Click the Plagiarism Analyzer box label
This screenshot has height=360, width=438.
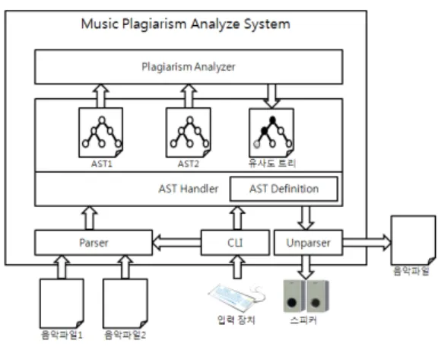pyautogui.click(x=189, y=67)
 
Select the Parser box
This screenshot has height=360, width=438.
pyautogui.click(x=94, y=243)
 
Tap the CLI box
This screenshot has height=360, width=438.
pyautogui.click(x=235, y=243)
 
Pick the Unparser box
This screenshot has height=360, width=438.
pyautogui.click(x=309, y=243)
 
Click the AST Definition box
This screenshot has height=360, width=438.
pyautogui.click(x=284, y=189)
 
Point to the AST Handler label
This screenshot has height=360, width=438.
pyautogui.click(x=189, y=189)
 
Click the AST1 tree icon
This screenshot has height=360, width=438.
pyautogui.click(x=101, y=132)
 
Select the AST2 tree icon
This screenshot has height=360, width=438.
pyautogui.click(x=189, y=132)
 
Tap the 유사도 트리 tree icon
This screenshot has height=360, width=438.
pyautogui.click(x=271, y=132)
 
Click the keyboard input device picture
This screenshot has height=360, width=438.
pyautogui.click(x=236, y=298)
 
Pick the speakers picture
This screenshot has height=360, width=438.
pyautogui.click(x=306, y=296)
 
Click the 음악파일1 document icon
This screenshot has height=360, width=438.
pyautogui.click(x=62, y=303)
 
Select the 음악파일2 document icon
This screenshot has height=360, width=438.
pyautogui.click(x=125, y=303)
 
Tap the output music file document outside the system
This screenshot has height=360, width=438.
pyautogui.click(x=413, y=240)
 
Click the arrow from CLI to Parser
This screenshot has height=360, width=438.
pyautogui.click(x=177, y=243)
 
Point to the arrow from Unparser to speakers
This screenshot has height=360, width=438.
pyautogui.click(x=306, y=267)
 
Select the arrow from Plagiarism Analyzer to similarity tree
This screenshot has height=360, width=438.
pyautogui.click(x=271, y=96)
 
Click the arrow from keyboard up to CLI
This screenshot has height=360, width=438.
pyautogui.click(x=237, y=267)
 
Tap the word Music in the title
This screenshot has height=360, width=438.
pyautogui.click(x=100, y=24)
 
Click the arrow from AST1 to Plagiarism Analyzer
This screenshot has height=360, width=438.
pyautogui.click(x=101, y=96)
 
